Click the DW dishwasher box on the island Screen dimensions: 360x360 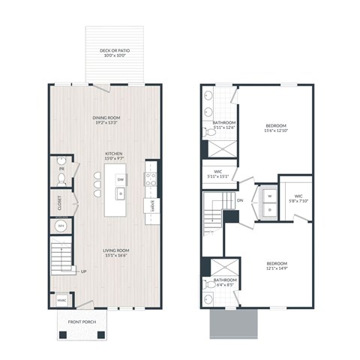(120, 179)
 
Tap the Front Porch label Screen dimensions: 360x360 (84, 322)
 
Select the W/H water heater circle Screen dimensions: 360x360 (61, 225)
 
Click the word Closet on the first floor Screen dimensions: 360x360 (58, 201)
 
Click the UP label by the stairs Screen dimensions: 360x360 (82, 271)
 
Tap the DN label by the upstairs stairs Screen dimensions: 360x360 (240, 201)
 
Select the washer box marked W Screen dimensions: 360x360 (269, 198)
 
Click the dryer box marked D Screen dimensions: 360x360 (269, 210)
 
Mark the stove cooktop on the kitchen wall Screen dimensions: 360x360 (150, 179)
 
